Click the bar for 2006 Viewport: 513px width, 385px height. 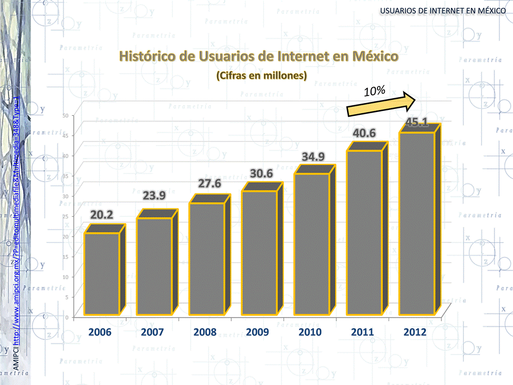tap(101, 273)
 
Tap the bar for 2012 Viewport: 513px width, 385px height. tap(417, 223)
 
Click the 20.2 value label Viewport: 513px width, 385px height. tap(101, 215)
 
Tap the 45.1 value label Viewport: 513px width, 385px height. tap(416, 122)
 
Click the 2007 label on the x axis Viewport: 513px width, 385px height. tap(153, 332)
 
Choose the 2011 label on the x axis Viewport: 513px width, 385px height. tap(362, 332)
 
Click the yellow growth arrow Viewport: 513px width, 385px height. tap(382, 104)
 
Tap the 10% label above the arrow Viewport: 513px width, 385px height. tap(375, 91)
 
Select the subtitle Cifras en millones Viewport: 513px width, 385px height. tap(262, 76)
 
